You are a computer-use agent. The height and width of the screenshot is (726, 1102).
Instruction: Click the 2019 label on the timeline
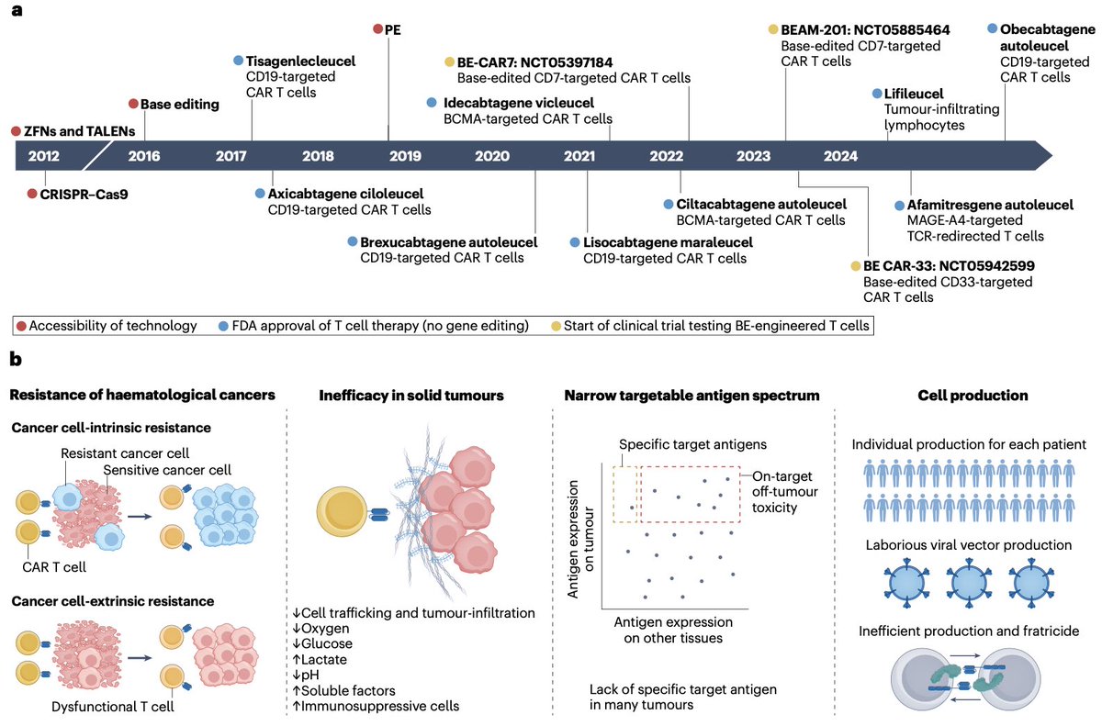[x=405, y=156]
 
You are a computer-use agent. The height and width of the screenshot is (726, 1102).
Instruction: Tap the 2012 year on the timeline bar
[x=43, y=156]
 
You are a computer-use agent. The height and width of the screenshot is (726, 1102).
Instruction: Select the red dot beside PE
[x=378, y=29]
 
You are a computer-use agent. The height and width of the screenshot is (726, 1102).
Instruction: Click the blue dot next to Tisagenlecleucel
[x=239, y=61]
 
